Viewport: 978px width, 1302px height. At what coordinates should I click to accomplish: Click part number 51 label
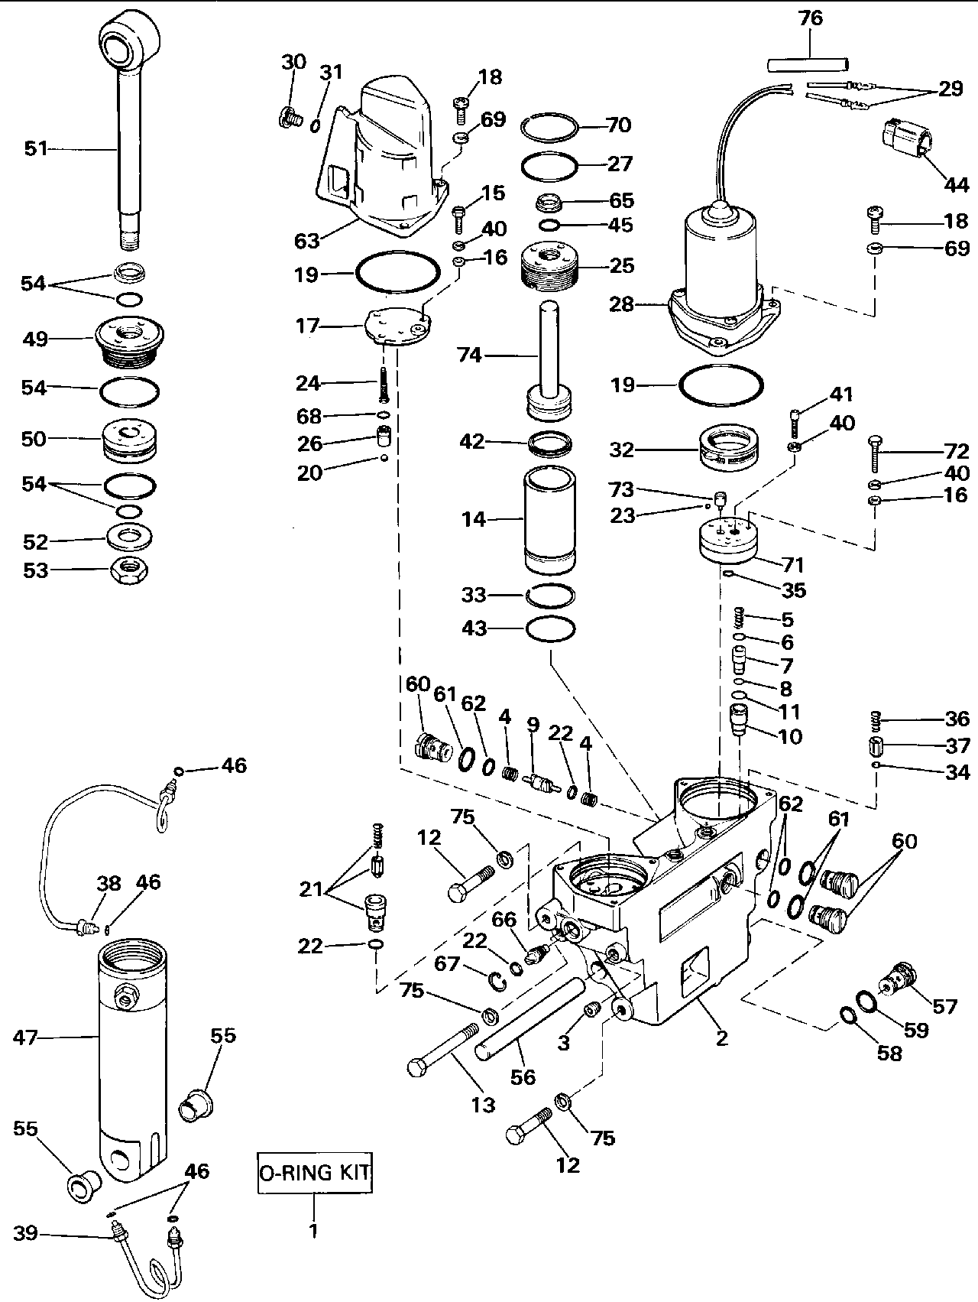pyautogui.click(x=36, y=148)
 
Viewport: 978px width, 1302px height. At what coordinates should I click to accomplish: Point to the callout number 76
pyautogui.click(x=811, y=18)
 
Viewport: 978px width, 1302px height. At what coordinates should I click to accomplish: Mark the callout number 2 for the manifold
pyautogui.click(x=721, y=1037)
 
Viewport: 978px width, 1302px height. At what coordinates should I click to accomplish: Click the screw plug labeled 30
pyautogui.click(x=287, y=118)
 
